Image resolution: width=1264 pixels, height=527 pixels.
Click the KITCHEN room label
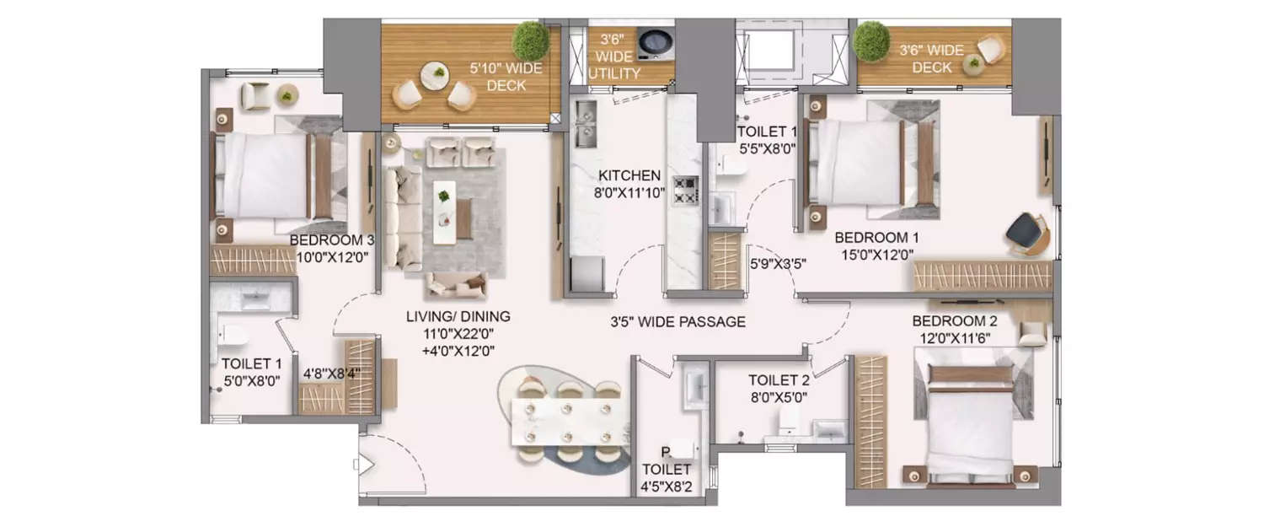tap(629, 175)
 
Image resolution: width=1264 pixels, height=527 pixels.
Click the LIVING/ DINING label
tap(458, 317)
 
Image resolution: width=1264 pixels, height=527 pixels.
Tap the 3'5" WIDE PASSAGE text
tap(678, 321)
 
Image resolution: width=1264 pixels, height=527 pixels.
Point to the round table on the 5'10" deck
tap(436, 75)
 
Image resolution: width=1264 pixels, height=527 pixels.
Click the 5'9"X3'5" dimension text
tap(779, 263)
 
